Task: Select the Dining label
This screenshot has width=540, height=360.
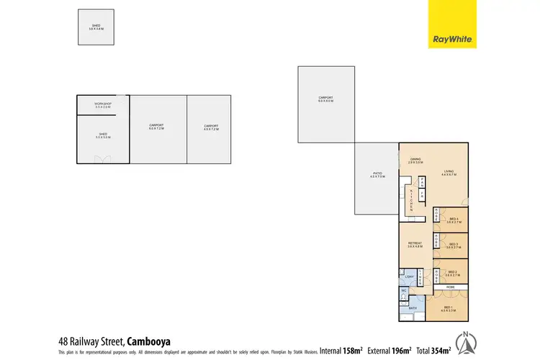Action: point(415,161)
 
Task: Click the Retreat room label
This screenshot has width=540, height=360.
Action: point(415,244)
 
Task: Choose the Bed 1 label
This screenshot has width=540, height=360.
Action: point(454,309)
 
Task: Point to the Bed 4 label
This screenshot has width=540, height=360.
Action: point(454,220)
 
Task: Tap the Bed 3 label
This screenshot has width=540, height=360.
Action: point(454,246)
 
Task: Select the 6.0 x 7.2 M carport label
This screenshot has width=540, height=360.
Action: point(156,127)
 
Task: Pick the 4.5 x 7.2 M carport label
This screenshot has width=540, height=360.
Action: point(210,127)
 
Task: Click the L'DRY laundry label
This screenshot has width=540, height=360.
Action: point(409,279)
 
